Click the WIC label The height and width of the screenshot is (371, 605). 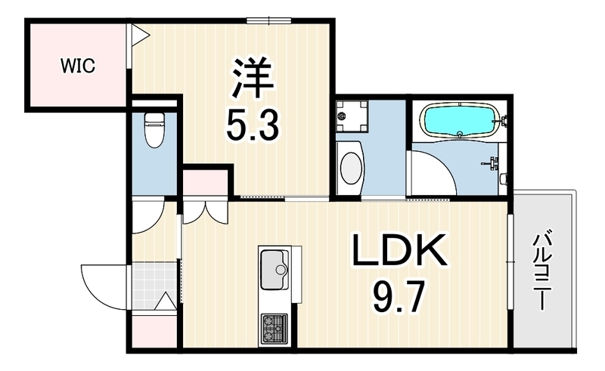click(x=78, y=66)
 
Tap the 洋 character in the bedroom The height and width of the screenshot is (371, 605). click(x=253, y=78)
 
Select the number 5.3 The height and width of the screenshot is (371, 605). click(x=253, y=124)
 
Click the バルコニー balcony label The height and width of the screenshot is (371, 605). click(x=542, y=270)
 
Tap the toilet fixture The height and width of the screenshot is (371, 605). click(x=154, y=129)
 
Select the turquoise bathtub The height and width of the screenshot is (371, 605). click(x=461, y=120)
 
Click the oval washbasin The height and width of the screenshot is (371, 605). click(x=351, y=168)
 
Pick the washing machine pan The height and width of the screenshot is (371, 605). click(x=351, y=116)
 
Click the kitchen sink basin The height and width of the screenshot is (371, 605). click(x=275, y=270)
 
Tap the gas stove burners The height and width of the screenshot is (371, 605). click(x=275, y=329)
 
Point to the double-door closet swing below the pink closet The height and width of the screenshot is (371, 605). click(x=205, y=213)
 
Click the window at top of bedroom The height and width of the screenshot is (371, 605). click(x=269, y=20)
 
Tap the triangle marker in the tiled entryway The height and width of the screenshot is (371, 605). click(x=166, y=301)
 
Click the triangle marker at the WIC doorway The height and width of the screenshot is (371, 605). click(x=140, y=35)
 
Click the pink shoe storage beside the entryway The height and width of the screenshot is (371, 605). click(x=154, y=332)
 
